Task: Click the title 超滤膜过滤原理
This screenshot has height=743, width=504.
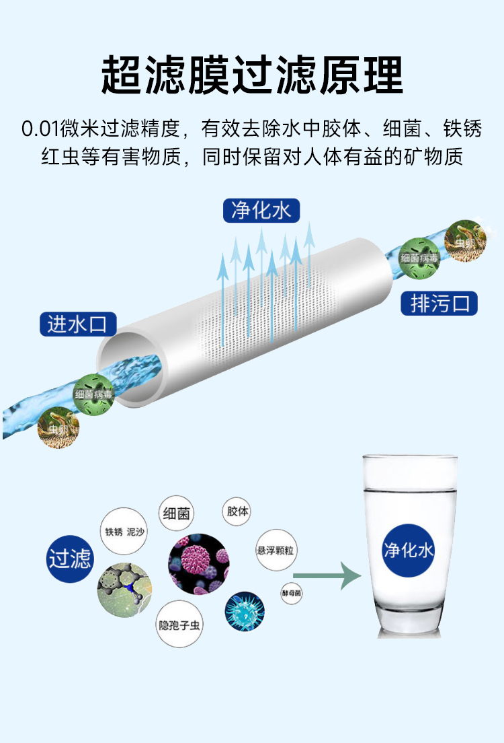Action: click(252, 75)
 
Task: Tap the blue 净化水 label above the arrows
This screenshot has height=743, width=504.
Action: click(261, 211)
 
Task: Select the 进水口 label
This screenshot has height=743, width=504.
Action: click(78, 324)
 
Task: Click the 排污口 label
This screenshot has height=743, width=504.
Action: click(439, 304)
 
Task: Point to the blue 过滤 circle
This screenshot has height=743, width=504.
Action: click(70, 559)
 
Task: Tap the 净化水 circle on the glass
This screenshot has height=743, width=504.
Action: click(408, 550)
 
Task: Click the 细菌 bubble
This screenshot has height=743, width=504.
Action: click(176, 514)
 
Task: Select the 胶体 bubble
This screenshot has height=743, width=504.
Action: click(236, 511)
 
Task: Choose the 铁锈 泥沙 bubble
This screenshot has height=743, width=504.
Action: click(124, 531)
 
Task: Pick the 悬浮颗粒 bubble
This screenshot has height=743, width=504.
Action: click(276, 550)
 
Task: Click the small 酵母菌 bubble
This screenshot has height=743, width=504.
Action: click(291, 594)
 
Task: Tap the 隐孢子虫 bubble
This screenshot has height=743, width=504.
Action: click(179, 624)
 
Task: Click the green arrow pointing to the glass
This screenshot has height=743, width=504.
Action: click(327, 575)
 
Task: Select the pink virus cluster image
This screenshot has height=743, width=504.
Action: click(199, 564)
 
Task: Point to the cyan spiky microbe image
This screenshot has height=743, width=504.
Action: click(244, 611)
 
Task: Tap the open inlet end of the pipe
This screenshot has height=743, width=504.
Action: click(131, 367)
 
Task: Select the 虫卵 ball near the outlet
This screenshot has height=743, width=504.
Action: click(466, 241)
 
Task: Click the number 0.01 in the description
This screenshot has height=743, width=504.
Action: click(40, 129)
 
